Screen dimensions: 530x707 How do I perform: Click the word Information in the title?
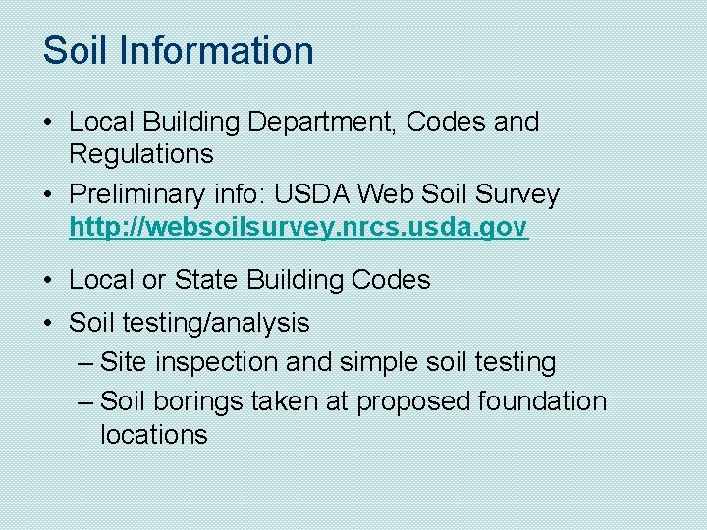tap(217, 51)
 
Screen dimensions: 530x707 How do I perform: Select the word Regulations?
tap(140, 154)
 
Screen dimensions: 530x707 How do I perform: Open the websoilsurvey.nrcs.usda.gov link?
tap(299, 228)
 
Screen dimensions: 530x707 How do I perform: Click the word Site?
tap(123, 362)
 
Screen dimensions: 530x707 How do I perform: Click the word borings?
tap(195, 401)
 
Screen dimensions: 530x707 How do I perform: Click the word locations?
tap(153, 435)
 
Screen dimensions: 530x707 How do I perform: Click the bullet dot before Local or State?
tap(48, 281)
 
